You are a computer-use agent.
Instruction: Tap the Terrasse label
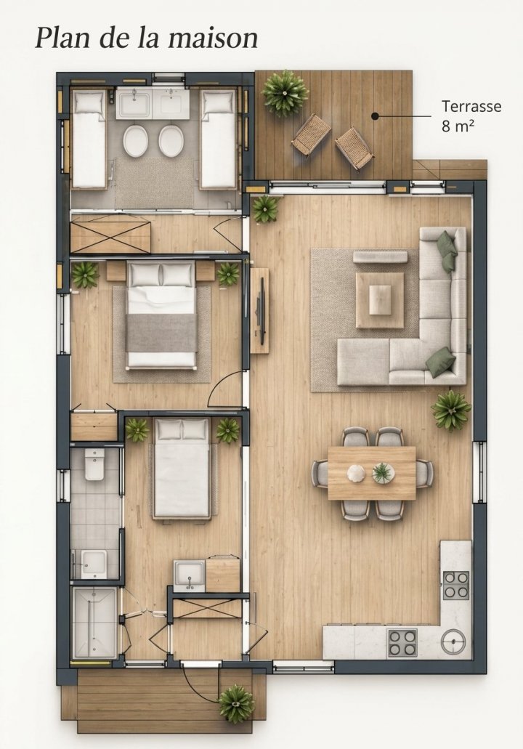click(471, 106)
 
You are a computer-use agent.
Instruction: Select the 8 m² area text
click(458, 126)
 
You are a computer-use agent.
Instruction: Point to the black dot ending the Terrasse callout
click(375, 116)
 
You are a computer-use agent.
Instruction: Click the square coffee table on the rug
click(380, 300)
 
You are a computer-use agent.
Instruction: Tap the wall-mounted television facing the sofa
click(261, 310)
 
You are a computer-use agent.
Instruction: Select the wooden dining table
click(372, 473)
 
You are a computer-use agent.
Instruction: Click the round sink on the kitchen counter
click(453, 641)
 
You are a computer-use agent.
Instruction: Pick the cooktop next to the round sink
click(402, 642)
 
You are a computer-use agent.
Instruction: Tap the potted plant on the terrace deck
click(285, 93)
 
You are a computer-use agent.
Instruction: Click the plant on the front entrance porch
click(236, 703)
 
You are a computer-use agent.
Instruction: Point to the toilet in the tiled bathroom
click(94, 465)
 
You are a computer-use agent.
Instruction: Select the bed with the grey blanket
click(161, 315)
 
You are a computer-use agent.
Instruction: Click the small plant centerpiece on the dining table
click(384, 473)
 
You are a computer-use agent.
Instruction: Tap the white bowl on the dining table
click(356, 473)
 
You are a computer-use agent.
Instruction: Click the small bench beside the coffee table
click(380, 256)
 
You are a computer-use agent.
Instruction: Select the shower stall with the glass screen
click(94, 623)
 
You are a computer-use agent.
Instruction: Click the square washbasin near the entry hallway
click(189, 575)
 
